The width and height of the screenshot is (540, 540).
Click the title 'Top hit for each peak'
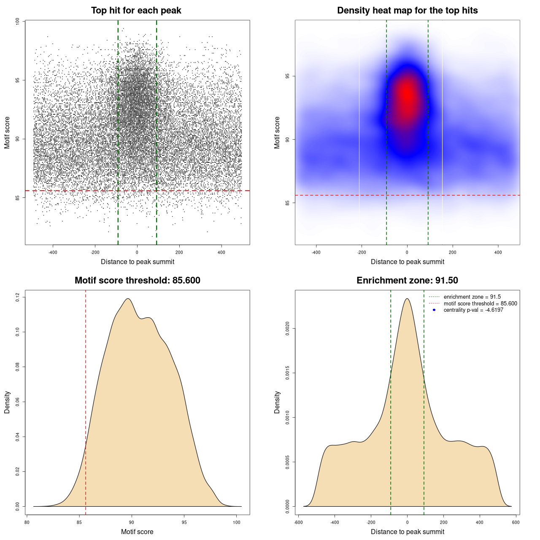pyautogui.click(x=136, y=11)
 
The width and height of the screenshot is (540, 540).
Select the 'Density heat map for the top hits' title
pyautogui.click(x=407, y=11)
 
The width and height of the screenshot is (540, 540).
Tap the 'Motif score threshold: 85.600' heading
pyautogui.click(x=137, y=281)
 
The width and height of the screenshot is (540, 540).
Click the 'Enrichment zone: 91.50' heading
pyautogui.click(x=407, y=281)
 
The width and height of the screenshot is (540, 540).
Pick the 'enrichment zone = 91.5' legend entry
pyautogui.click(x=472, y=297)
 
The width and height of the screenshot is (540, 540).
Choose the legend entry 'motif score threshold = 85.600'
pyautogui.click(x=480, y=304)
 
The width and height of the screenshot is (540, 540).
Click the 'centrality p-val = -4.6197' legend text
pyautogui.click(x=473, y=310)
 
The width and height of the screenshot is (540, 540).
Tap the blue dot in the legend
pyautogui.click(x=434, y=310)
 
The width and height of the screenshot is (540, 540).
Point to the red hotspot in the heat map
pyautogui.click(x=407, y=94)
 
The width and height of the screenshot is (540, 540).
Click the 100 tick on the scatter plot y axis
pyautogui.click(x=17, y=21)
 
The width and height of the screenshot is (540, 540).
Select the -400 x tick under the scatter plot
pyautogui.click(x=53, y=252)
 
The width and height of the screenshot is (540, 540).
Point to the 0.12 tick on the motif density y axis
pyautogui.click(x=17, y=297)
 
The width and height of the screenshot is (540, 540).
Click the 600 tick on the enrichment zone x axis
pyautogui.click(x=516, y=522)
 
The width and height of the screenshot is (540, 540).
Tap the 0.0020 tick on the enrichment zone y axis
pyautogui.click(x=287, y=328)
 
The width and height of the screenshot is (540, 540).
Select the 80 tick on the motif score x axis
pyautogui.click(x=27, y=522)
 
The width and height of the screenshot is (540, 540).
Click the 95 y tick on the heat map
pyautogui.click(x=287, y=76)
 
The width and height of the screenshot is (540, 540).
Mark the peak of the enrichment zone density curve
pyautogui.click(x=407, y=299)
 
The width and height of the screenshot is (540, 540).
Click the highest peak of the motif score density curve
pyautogui.click(x=127, y=299)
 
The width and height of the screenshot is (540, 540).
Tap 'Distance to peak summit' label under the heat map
pyautogui.click(x=407, y=262)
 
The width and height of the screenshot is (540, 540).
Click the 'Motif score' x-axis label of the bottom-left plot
pyautogui.click(x=137, y=532)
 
